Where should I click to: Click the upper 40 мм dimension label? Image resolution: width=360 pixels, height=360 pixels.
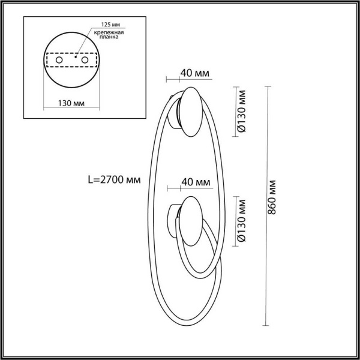(194, 74)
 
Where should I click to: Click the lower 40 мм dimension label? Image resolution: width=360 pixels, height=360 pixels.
(195, 182)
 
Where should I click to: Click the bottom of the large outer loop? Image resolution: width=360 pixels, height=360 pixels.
(180, 323)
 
